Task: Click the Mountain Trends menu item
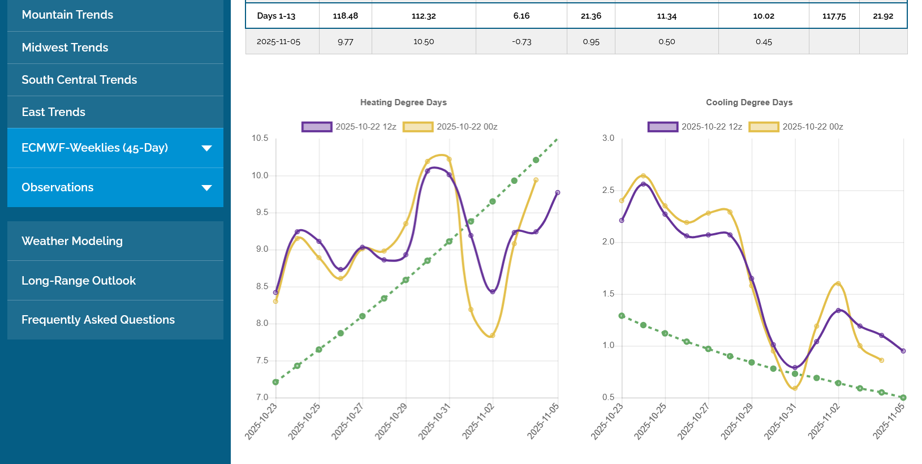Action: click(67, 15)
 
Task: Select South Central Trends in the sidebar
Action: click(79, 80)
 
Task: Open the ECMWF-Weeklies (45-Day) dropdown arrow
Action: click(206, 148)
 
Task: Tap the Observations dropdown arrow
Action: click(206, 188)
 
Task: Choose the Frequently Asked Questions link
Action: click(98, 320)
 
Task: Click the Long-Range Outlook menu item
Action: click(79, 281)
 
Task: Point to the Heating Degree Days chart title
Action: click(403, 102)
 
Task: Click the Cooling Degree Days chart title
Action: click(749, 102)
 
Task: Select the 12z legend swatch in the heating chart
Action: click(317, 127)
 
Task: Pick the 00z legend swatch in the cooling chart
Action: click(764, 127)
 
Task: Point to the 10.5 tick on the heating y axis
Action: click(260, 138)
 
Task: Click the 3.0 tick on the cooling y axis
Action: click(608, 138)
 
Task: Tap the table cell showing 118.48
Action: click(345, 16)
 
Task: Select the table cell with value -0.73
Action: click(521, 42)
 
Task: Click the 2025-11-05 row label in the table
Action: click(278, 42)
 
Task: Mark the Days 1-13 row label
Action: click(276, 16)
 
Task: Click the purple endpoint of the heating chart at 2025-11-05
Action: click(558, 193)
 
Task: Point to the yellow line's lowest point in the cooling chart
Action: click(795, 388)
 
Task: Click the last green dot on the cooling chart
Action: click(903, 398)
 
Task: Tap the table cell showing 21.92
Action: click(882, 16)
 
